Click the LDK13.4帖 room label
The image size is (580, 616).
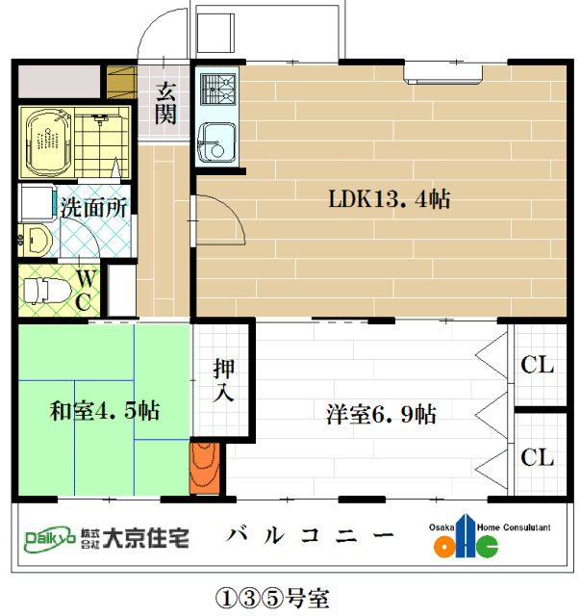tap(390, 198)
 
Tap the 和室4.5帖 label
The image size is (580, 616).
tap(105, 411)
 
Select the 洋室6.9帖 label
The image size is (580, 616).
tap(381, 414)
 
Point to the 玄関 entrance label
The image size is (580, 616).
tap(165, 103)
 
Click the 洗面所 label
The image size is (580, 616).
tap(94, 208)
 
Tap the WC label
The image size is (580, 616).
tap(86, 291)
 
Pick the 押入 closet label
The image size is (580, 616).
tap(224, 380)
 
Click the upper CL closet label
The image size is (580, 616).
tap(537, 365)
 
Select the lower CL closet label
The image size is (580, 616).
tap(537, 457)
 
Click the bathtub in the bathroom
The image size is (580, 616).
tap(48, 142)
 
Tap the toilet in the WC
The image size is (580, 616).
tap(46, 291)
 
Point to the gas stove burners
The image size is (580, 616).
tap(218, 90)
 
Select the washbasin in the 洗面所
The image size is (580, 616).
tap(37, 239)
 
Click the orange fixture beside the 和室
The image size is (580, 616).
tap(204, 469)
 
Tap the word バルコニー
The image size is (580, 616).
tap(310, 535)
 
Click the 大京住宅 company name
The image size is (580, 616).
tap(146, 538)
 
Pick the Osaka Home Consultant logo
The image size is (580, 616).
tap(489, 536)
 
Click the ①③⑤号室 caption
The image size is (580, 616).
tap(272, 598)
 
